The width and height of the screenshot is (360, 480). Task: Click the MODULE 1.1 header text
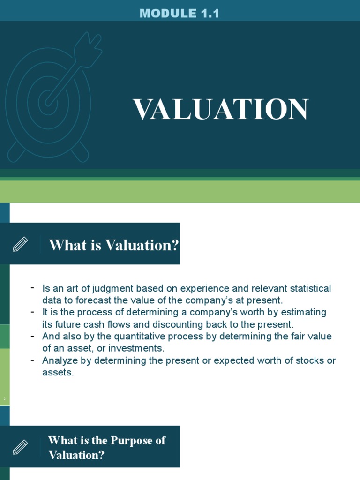[180, 14]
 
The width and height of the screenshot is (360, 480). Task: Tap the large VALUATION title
[221, 110]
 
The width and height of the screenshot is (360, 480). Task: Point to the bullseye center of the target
[48, 99]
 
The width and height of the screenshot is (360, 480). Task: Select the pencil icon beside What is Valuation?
[20, 244]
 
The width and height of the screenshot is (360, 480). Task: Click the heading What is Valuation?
[114, 245]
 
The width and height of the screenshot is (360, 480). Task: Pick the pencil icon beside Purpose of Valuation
[20, 447]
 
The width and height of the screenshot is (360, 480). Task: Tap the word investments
[140, 348]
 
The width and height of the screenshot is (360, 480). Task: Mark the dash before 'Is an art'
[32, 287]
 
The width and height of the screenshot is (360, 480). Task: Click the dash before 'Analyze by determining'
[32, 360]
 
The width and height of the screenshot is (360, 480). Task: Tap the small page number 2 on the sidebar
[4, 399]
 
